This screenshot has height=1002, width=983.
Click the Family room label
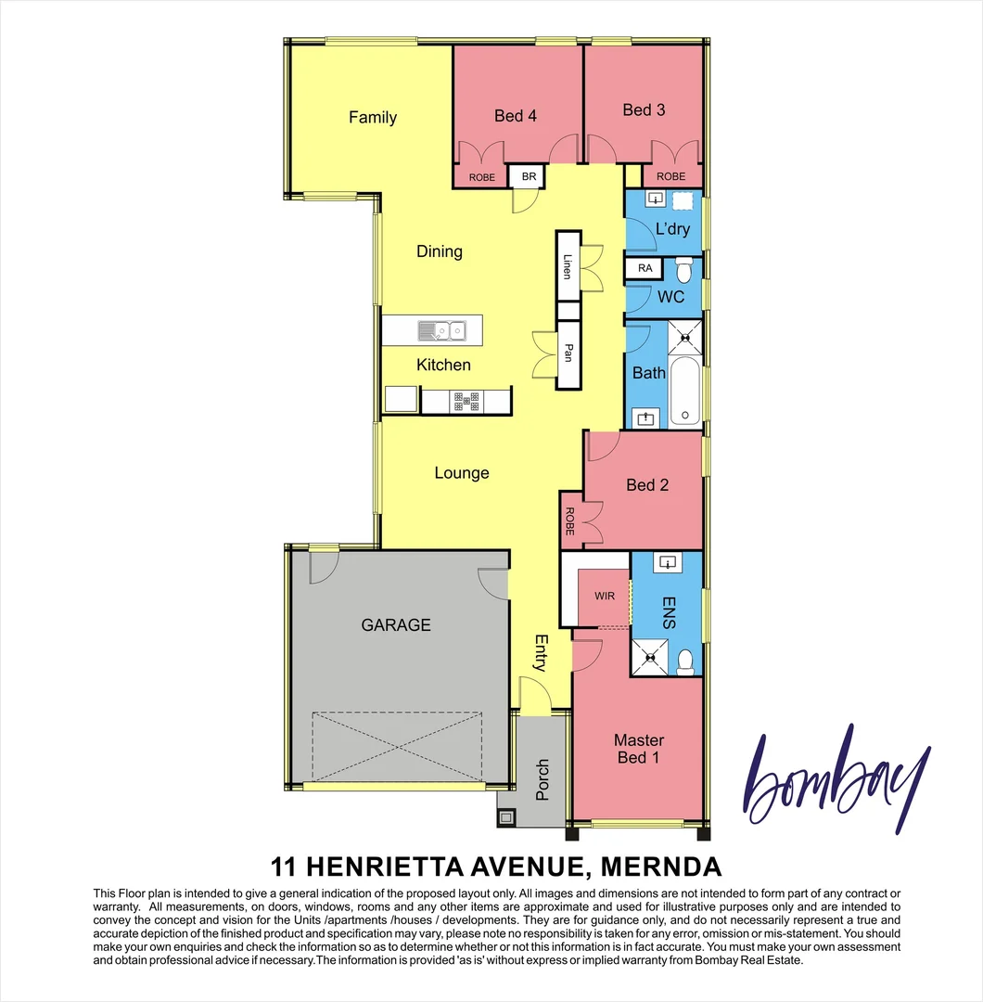point(372,117)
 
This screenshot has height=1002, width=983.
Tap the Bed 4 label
point(515,115)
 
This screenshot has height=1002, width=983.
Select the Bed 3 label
point(644,109)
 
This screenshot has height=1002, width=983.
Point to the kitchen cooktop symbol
point(466,402)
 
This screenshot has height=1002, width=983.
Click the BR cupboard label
point(529,176)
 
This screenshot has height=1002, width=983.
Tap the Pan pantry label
point(568,353)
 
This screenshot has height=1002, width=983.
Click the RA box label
point(645,269)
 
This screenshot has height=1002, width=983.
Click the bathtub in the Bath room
point(685,387)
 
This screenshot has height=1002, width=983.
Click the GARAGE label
point(396,624)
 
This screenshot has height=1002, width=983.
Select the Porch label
point(543,780)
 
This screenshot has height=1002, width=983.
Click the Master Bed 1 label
point(638,748)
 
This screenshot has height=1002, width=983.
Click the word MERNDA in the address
point(661,867)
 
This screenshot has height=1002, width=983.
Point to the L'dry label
point(672,228)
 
